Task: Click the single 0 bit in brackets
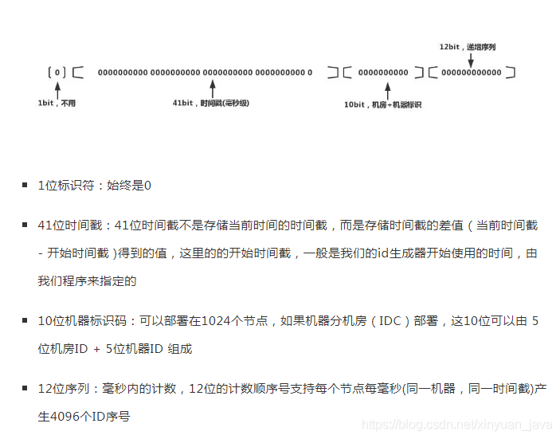pyautogui.click(x=57, y=73)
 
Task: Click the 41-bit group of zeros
pyautogui.click(x=205, y=73)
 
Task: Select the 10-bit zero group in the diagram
pyautogui.click(x=382, y=73)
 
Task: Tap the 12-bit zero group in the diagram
pyautogui.click(x=472, y=73)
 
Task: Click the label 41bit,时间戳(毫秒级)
pyautogui.click(x=210, y=104)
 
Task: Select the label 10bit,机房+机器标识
pyautogui.click(x=382, y=104)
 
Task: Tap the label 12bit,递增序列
pyautogui.click(x=468, y=47)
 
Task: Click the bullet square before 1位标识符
pyautogui.click(x=25, y=186)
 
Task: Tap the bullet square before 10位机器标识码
pyautogui.click(x=25, y=321)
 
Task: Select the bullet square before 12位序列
pyautogui.click(x=25, y=389)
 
